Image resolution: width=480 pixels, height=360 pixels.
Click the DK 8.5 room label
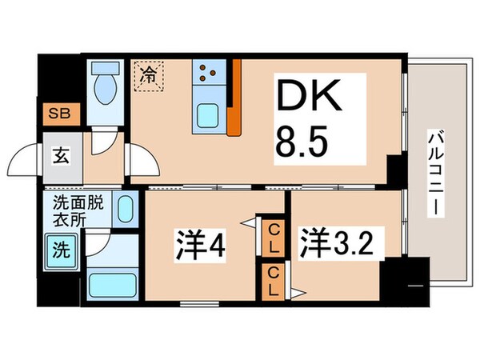pos(320,118)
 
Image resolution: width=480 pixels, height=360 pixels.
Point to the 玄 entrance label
pos(61,154)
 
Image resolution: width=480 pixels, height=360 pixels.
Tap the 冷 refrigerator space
pos(149,78)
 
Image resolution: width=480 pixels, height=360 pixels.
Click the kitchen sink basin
pos(210,117)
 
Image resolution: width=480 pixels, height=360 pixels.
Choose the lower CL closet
pos(273,280)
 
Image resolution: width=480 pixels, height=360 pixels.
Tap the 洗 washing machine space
pos(60,249)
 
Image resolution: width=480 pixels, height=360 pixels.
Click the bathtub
pos(111,284)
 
